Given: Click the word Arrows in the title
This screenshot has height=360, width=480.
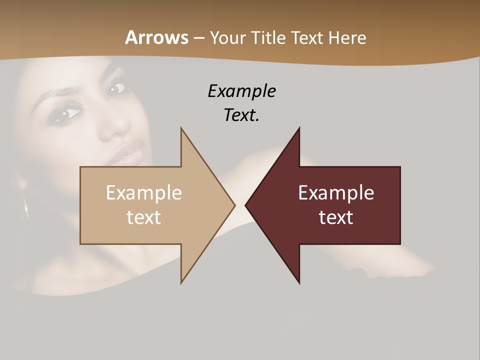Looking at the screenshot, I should point(156,38).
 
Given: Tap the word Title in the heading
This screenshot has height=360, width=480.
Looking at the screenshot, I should point(268,38).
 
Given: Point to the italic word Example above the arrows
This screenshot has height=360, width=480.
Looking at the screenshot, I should point(241,91).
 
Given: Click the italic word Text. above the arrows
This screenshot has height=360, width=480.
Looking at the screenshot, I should point(241,115).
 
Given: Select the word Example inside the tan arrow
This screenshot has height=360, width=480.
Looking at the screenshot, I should point(144,193).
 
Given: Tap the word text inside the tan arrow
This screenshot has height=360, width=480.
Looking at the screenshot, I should point(144,217).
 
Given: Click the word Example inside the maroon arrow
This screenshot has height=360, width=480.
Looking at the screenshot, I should point(336,193).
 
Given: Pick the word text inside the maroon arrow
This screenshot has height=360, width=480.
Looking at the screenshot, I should point(336,217).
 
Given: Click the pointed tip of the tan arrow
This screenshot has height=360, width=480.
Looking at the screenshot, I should point(234,205).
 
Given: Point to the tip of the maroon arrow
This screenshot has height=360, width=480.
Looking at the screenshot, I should point(246,205).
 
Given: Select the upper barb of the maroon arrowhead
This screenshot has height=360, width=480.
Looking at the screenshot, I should point(298,130).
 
